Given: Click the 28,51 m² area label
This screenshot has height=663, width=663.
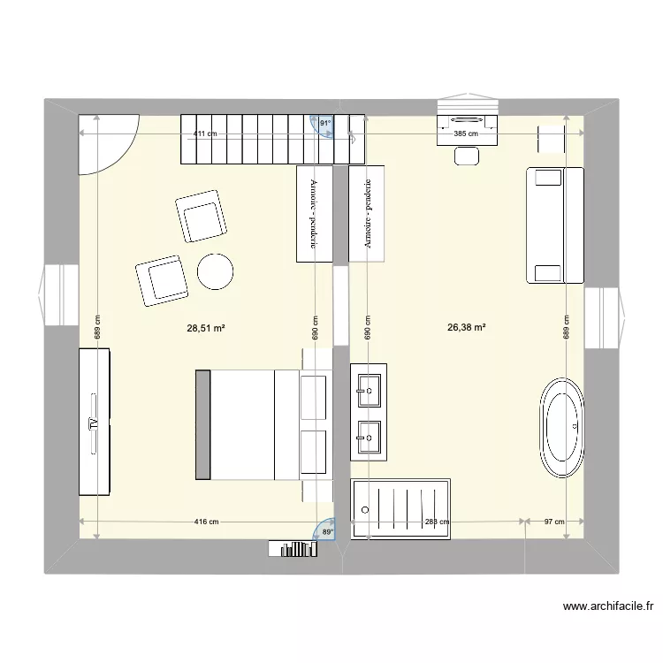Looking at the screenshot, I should (x=205, y=327).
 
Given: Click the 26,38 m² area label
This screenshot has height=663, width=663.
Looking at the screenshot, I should (x=467, y=327).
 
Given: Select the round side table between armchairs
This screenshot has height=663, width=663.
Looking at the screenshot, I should (x=215, y=271).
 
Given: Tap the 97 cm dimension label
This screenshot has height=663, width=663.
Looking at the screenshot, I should (x=553, y=522).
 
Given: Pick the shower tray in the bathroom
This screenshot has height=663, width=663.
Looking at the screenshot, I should (x=401, y=508).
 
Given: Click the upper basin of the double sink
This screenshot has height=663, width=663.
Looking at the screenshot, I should (x=369, y=385).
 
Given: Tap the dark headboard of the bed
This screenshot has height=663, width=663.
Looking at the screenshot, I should (x=202, y=425).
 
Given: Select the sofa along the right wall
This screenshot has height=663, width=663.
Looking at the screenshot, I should (x=554, y=225).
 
